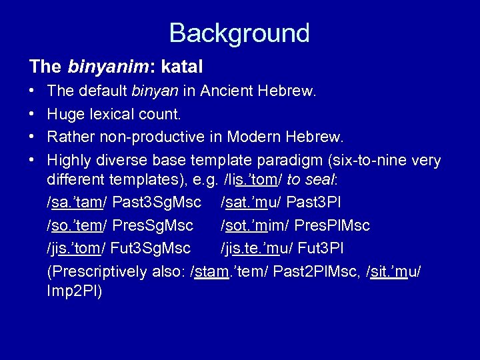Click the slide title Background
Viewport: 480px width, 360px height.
coord(239,33)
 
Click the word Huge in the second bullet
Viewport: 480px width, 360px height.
coord(66,114)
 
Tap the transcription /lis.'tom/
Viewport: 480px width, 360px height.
coord(242,181)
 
